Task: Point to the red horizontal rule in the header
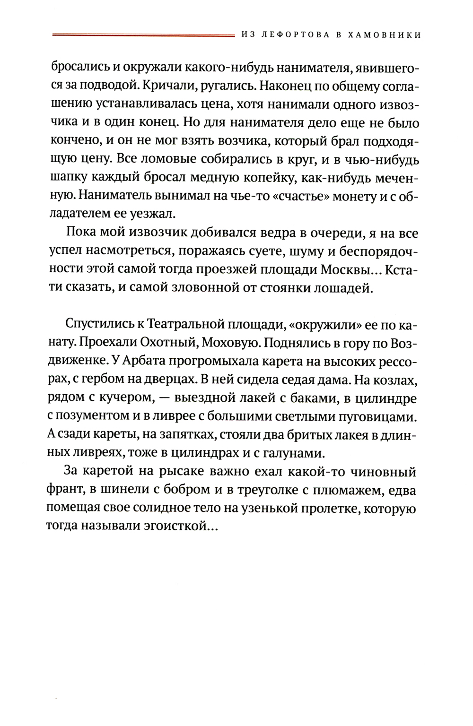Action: click(142, 35)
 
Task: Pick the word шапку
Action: click(68, 178)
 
